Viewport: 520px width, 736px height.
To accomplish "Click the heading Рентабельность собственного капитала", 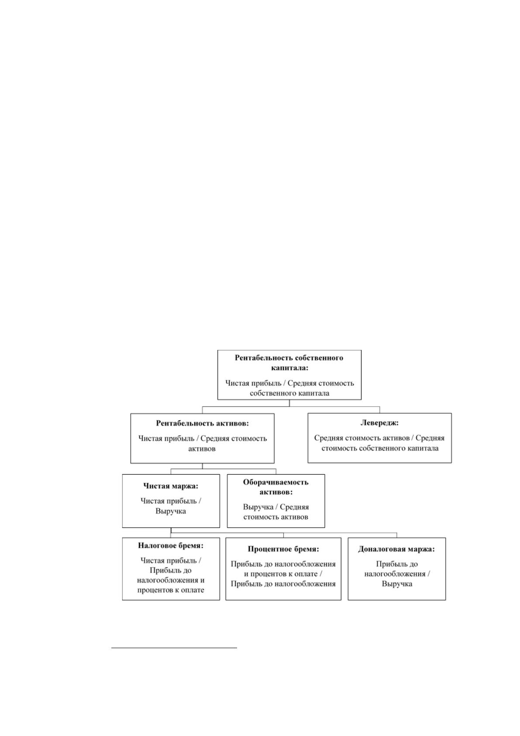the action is point(289,363).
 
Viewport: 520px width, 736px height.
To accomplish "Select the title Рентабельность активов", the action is point(202,423).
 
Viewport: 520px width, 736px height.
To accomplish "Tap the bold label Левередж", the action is point(379,423).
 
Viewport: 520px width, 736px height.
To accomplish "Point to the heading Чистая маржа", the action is point(171,486).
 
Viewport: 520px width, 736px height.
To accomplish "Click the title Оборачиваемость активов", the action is point(276,487).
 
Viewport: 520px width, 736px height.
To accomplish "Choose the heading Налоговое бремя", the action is point(171,546).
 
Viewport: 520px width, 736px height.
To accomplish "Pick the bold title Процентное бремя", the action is point(283,549).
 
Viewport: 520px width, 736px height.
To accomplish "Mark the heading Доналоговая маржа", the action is point(396,549).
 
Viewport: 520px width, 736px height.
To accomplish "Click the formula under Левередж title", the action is point(379,443).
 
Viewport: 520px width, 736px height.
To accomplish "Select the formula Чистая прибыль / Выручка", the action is point(171,506).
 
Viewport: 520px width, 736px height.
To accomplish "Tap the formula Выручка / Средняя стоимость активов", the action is point(276,512).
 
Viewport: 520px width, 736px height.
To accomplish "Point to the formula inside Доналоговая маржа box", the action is point(397,574).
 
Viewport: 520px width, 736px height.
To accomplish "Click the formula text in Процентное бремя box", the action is point(283,574).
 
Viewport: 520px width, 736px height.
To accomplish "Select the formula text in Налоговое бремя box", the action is point(171,575).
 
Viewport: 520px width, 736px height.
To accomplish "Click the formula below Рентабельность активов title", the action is point(202,443).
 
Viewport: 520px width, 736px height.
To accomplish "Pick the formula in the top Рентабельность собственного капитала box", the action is point(289,388).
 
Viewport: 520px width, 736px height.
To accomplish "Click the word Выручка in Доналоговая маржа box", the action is point(397,584).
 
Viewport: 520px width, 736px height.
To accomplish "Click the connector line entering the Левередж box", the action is point(380,410).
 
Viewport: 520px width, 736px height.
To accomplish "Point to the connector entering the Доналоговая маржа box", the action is point(397,535).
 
